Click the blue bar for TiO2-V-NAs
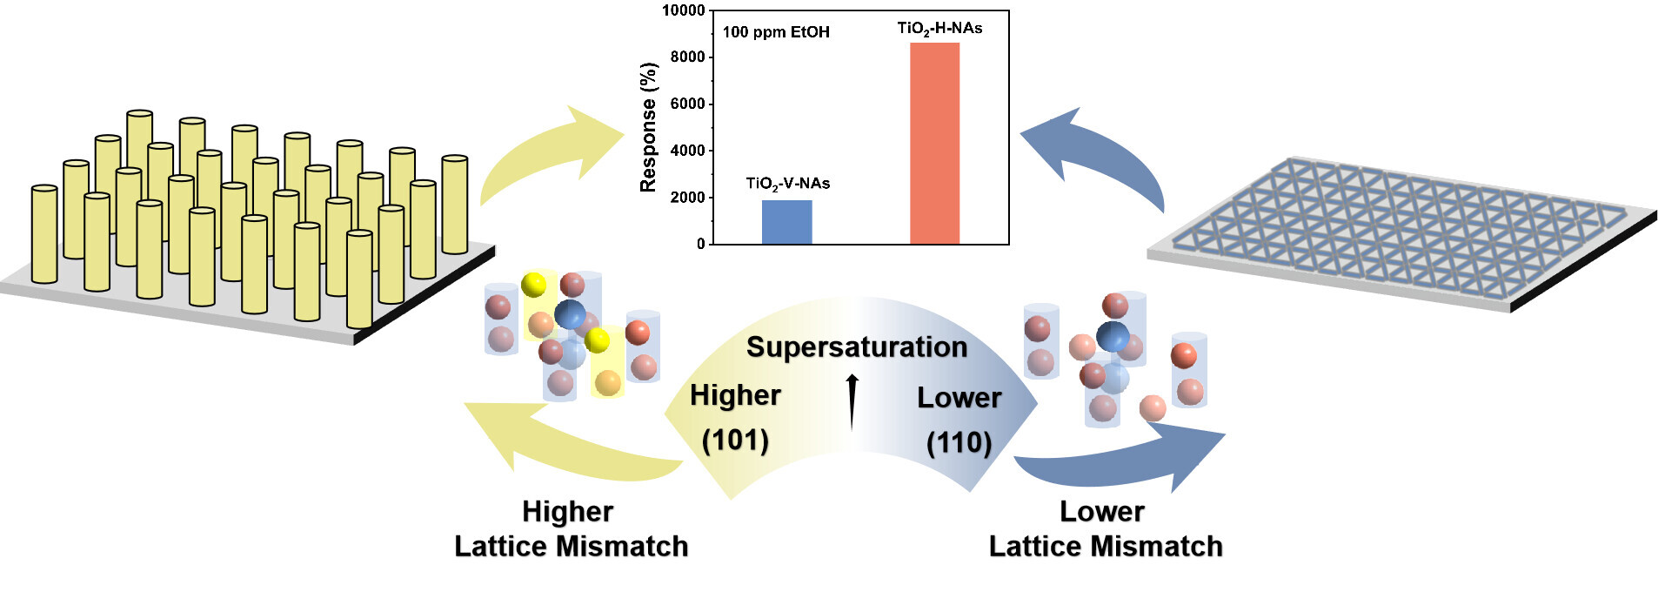click(786, 222)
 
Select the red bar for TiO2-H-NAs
click(934, 144)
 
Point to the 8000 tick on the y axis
click(687, 57)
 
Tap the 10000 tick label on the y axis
click(683, 10)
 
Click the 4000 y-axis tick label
click(687, 151)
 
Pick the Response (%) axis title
click(648, 127)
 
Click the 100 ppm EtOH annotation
click(776, 32)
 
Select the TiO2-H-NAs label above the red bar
click(939, 29)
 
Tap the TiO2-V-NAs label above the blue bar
click(787, 184)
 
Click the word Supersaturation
click(857, 346)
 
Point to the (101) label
click(735, 440)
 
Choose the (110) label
click(959, 442)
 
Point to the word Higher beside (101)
click(735, 395)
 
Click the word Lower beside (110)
click(959, 398)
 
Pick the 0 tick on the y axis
click(700, 245)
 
